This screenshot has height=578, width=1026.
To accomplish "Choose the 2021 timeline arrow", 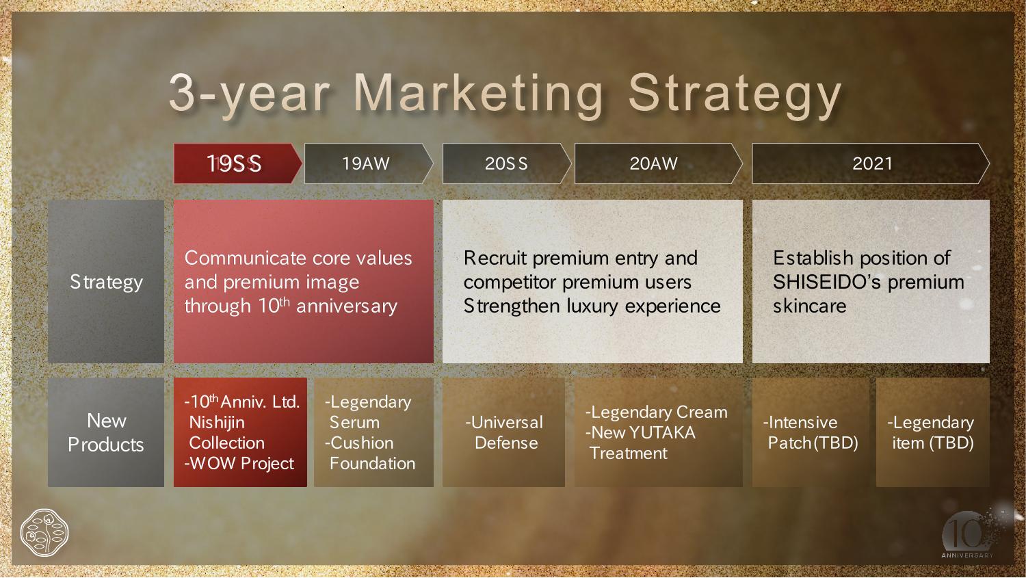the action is point(871,163).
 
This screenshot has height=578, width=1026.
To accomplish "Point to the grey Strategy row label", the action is point(106,282).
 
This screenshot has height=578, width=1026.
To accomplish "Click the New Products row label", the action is point(106,432).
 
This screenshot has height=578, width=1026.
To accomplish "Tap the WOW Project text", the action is point(239,464).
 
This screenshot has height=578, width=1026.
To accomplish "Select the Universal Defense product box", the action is point(503,432).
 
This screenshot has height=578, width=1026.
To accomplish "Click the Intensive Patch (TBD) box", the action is point(811,432).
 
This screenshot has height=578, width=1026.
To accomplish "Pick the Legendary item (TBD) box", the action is point(932,432).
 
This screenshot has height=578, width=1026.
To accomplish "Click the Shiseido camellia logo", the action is point(44,533).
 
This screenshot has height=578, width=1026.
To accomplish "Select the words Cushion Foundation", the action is point(371,454).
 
